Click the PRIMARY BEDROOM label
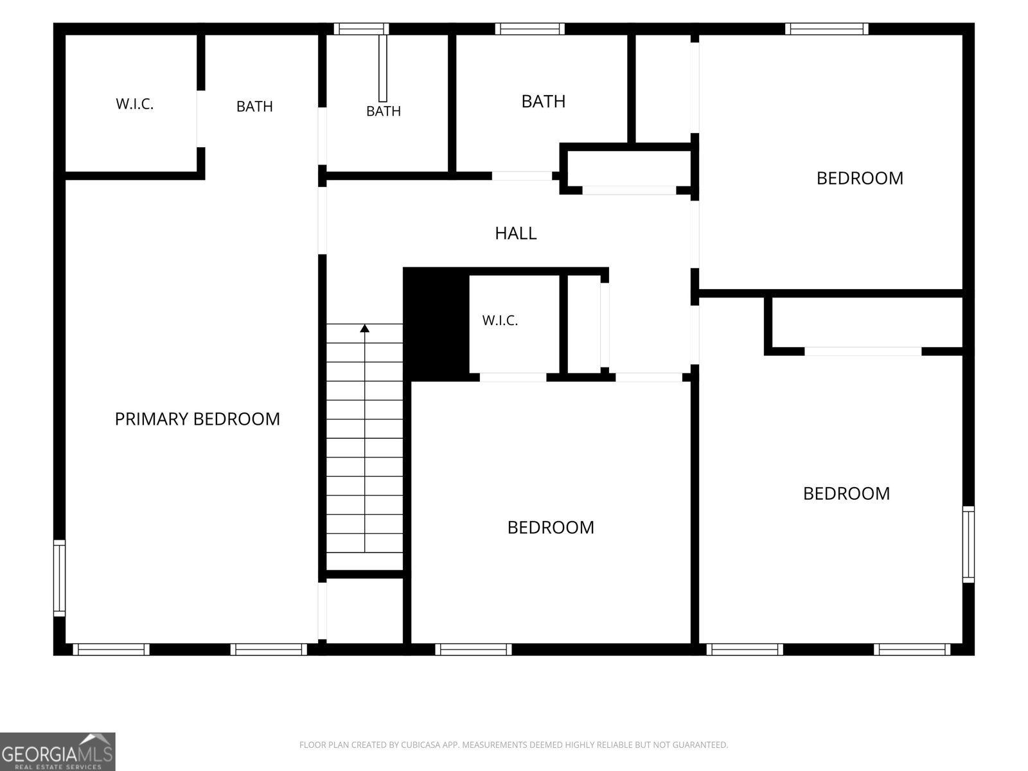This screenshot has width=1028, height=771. pos(197,419)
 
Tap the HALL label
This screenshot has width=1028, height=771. pos(516,233)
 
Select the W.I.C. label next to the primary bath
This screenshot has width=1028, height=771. pos(135,104)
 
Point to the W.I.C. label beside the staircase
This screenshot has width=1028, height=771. pos(500,321)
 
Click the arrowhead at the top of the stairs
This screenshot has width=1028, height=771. pos(365,328)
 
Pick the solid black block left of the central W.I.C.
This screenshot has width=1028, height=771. pos(436,324)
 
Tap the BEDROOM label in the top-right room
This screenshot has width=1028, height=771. pos(860,179)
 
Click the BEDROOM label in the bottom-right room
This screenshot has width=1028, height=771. pos(846,493)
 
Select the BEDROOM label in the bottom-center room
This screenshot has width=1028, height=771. pos(551,527)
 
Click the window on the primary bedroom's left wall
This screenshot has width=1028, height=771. pos(60,578)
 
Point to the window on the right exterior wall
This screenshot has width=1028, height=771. pos(968,544)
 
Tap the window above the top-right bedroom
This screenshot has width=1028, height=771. pos(827,29)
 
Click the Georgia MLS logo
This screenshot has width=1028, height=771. pos(58,752)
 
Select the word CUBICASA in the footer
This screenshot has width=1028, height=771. pos(418,745)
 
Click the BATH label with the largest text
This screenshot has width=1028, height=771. pos(544,102)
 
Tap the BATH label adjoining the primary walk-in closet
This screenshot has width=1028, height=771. pos(254,107)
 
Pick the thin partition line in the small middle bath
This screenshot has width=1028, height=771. pos(383,68)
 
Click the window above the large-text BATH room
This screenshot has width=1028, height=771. pos(530,29)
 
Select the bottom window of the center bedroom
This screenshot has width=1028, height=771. pos(474,650)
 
